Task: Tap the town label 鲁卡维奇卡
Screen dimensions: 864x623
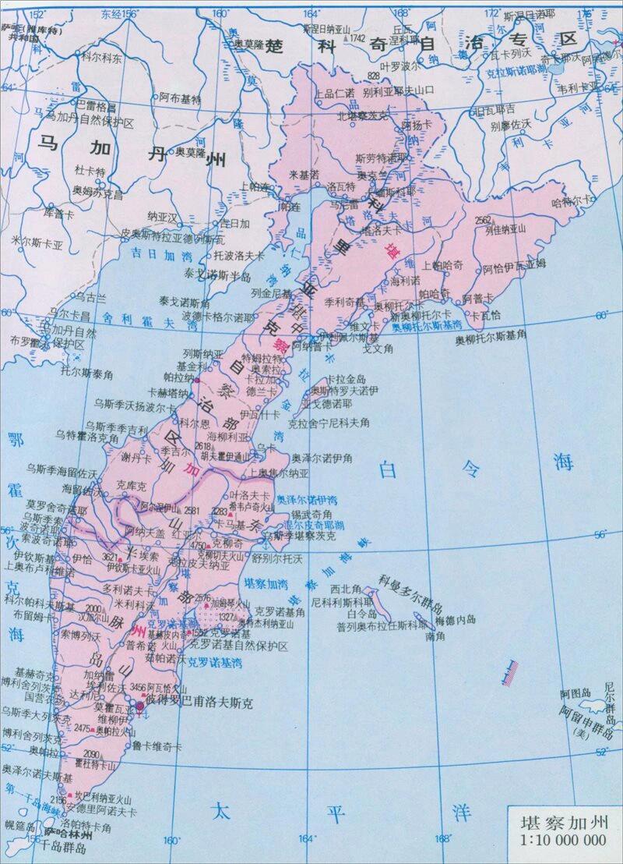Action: (157, 745)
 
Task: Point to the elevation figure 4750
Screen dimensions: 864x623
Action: (199, 546)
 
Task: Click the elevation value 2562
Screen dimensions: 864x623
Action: (483, 219)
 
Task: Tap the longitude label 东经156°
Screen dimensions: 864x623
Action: (118, 13)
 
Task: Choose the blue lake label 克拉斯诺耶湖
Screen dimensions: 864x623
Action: (513, 69)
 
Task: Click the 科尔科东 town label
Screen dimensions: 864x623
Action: (99, 58)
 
